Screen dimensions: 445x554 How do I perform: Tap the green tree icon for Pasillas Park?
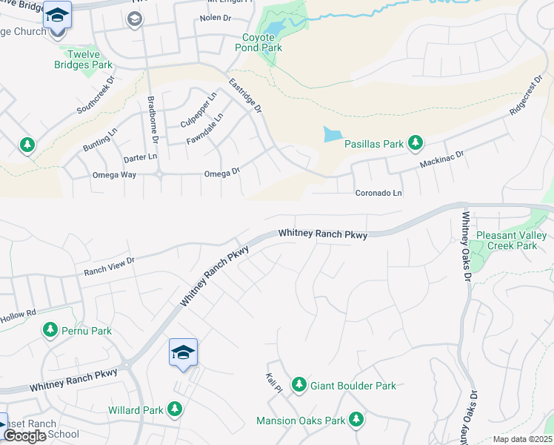[415, 142]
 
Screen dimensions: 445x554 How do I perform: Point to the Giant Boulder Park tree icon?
[298, 384]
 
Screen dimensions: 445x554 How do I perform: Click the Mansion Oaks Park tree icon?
[356, 419]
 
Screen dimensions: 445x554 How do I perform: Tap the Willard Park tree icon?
[175, 409]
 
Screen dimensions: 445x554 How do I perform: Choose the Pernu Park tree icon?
[50, 329]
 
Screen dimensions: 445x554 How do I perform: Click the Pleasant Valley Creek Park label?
[511, 240]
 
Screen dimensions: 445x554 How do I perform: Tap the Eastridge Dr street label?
[245, 96]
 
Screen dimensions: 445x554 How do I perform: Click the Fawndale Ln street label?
[205, 131]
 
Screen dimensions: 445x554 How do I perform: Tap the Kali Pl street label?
[274, 382]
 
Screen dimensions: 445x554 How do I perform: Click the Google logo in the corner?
[24, 436]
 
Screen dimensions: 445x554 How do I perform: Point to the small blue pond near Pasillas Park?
[333, 134]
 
